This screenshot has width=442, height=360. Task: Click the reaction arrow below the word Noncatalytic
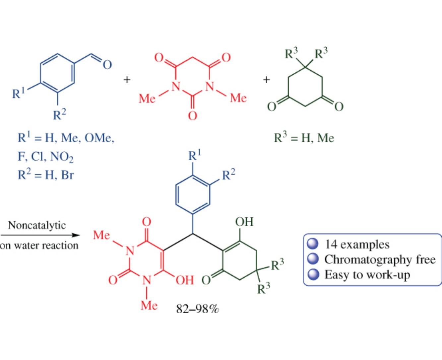pyautogui.click(x=40, y=235)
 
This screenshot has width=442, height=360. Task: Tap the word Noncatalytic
pyautogui.click(x=37, y=225)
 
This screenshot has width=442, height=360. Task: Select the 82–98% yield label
pyautogui.click(x=197, y=309)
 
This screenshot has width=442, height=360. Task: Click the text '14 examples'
pyautogui.click(x=357, y=245)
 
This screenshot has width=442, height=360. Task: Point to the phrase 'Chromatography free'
pyautogui.click(x=380, y=259)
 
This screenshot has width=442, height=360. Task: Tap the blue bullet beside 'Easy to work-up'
pyautogui.click(x=313, y=275)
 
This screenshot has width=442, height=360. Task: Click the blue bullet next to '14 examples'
pyautogui.click(x=313, y=244)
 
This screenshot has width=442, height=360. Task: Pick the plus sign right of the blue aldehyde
pyautogui.click(x=127, y=80)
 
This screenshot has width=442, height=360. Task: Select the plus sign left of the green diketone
pyautogui.click(x=266, y=80)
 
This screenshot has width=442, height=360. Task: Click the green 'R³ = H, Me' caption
pyautogui.click(x=304, y=138)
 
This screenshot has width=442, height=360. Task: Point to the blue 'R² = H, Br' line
pyautogui.click(x=45, y=175)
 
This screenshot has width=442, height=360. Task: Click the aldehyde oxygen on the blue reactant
pyautogui.click(x=107, y=64)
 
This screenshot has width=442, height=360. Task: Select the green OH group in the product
pyautogui.click(x=244, y=222)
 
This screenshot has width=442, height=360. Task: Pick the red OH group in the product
pyautogui.click(x=185, y=280)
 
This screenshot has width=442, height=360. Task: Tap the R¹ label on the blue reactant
pyautogui.click(x=18, y=94)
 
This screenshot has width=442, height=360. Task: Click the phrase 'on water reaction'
pyautogui.click(x=39, y=246)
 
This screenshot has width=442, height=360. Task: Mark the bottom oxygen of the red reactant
pyautogui.click(x=192, y=115)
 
